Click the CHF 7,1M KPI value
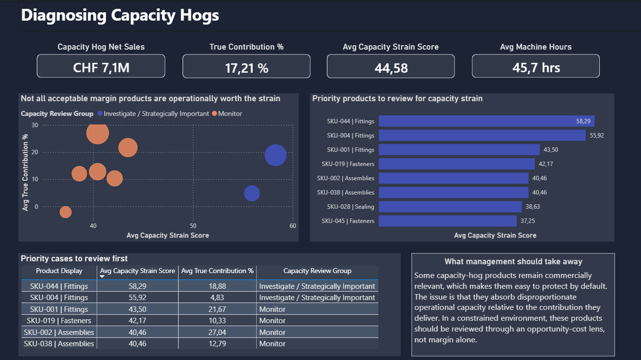(101, 67)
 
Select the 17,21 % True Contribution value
(246, 67)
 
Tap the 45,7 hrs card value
(536, 67)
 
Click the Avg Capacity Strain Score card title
(391, 47)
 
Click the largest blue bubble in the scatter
(275, 155)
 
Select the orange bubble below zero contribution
(65, 212)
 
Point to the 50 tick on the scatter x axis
(193, 225)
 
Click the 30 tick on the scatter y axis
(34, 125)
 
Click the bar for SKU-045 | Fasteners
(448, 221)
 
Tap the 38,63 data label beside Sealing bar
(532, 207)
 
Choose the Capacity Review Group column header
(317, 271)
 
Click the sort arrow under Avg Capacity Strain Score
(103, 277)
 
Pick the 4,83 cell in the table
(217, 298)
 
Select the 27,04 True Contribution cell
(217, 332)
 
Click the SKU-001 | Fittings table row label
(59, 309)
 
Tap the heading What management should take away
(513, 262)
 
